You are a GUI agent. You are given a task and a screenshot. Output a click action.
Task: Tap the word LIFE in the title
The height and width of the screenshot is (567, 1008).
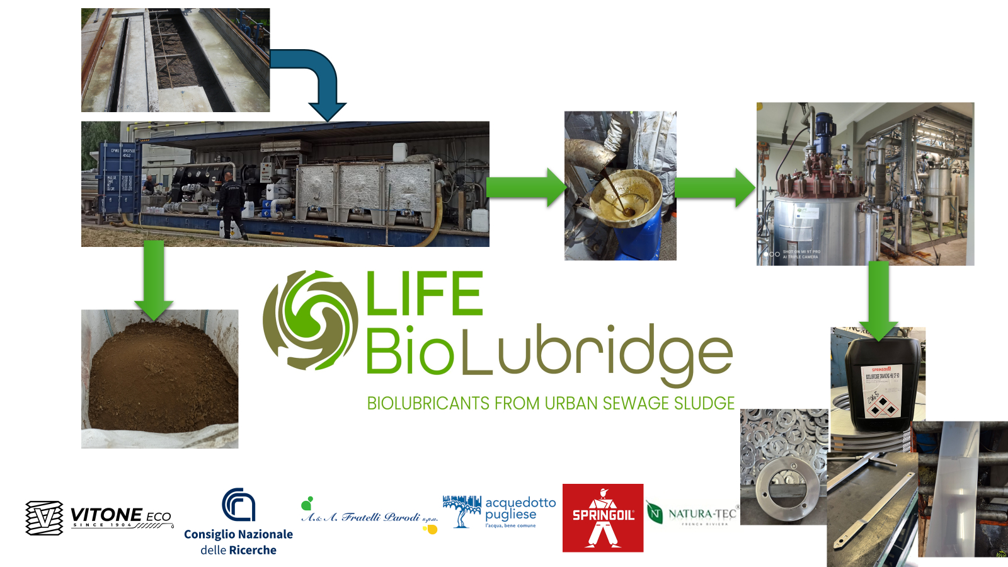[424, 294]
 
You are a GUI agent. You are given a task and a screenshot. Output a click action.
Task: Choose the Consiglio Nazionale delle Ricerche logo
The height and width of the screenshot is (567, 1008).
[238, 522]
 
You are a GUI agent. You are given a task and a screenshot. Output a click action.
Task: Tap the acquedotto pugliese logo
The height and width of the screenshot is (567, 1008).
[499, 512]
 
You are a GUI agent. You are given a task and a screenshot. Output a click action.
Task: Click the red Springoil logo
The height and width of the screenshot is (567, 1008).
[603, 518]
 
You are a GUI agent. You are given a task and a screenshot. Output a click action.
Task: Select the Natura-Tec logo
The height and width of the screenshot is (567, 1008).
[692, 514]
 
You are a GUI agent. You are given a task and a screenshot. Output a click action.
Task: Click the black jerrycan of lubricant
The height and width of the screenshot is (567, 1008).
[882, 384]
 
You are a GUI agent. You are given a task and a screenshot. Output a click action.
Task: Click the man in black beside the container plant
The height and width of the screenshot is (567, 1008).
[231, 205]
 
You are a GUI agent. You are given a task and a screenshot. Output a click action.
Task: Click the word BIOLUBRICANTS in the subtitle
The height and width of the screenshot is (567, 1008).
[428, 403]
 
